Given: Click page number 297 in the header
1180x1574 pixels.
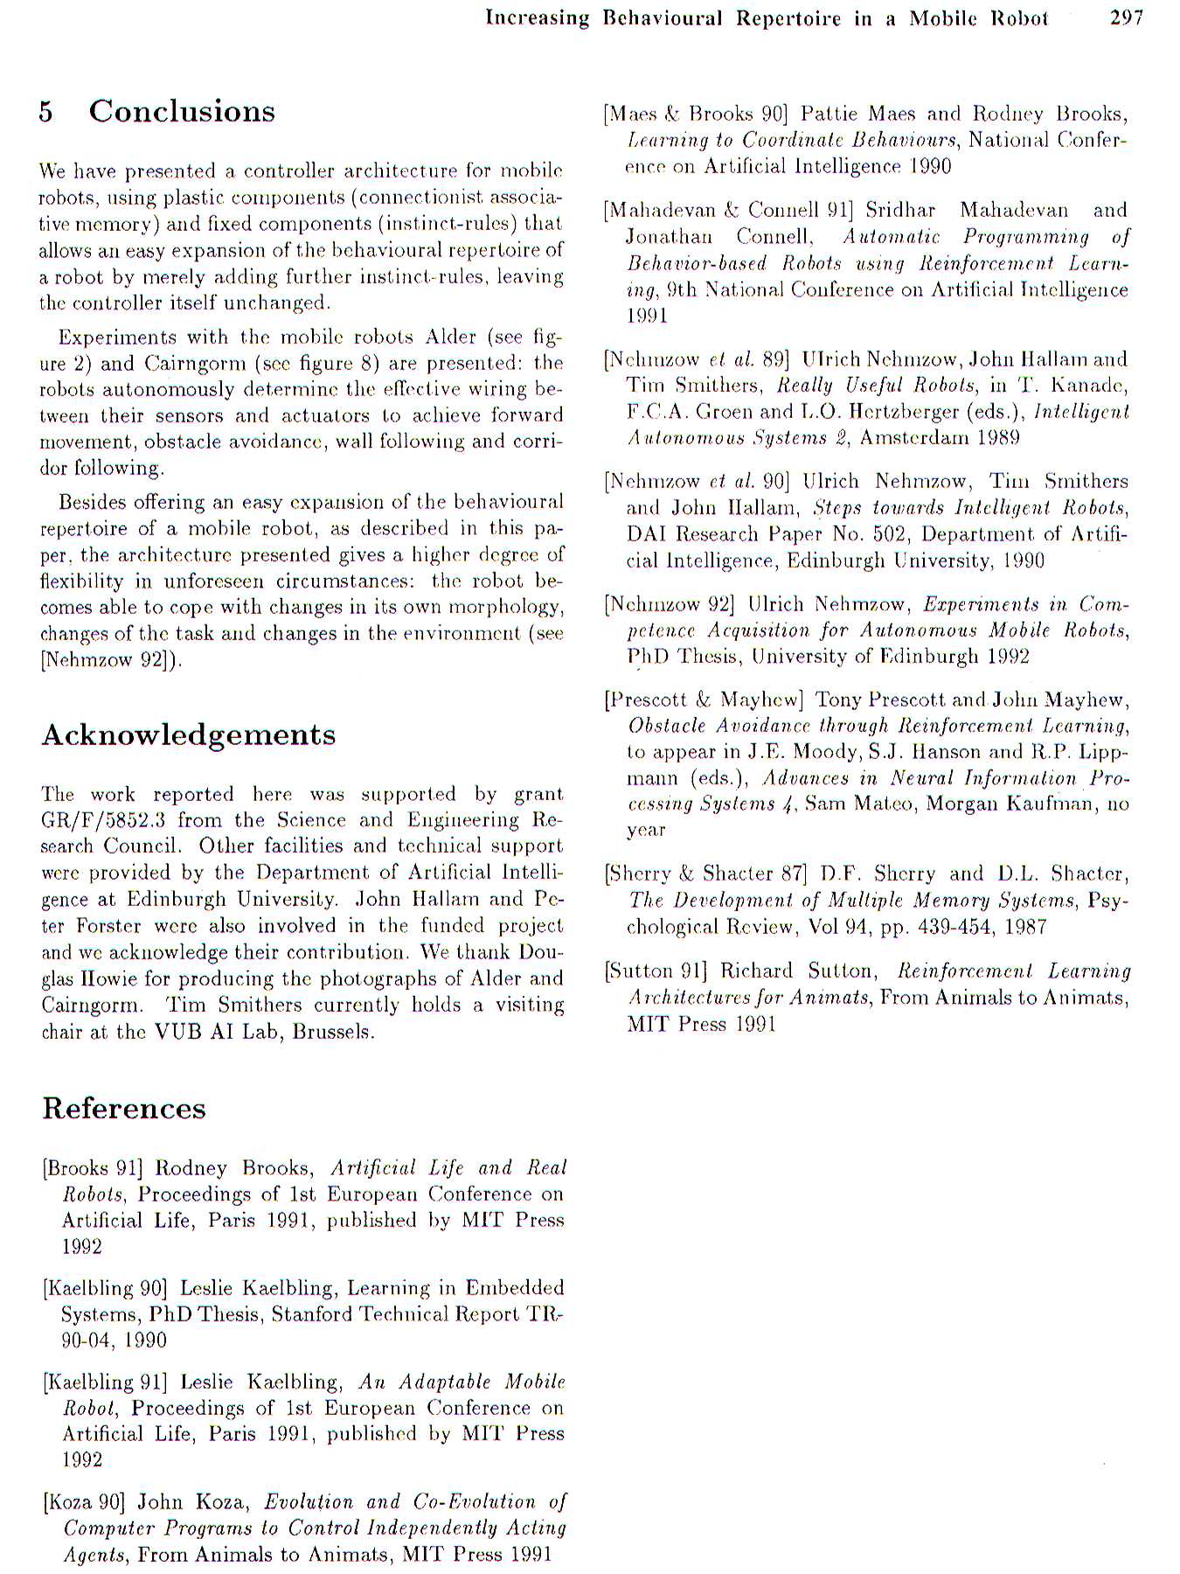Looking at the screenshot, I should (1126, 17).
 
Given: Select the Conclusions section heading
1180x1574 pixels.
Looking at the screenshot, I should (182, 111).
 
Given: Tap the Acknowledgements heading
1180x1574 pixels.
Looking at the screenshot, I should (188, 735).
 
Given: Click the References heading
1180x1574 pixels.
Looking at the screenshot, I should (124, 1108).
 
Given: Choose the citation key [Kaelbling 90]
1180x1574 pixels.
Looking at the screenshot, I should (104, 1288).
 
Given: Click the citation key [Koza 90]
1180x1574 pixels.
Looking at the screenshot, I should (84, 1502).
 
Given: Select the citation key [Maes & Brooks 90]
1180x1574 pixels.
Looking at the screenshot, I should (697, 114).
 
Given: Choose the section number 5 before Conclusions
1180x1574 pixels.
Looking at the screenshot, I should (45, 112).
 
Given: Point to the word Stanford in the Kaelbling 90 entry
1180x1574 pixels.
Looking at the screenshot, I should (310, 1314).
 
